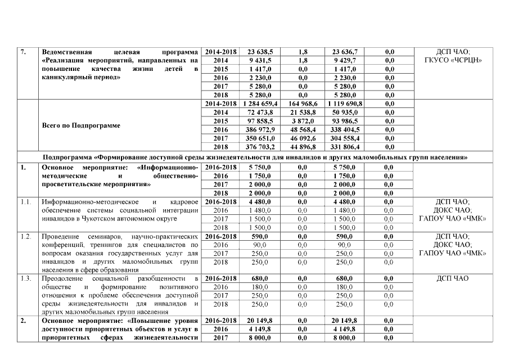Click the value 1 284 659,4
(x=259, y=104)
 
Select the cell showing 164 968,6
(x=303, y=104)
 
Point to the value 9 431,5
(x=259, y=60)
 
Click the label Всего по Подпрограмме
(x=82, y=125)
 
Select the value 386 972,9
(x=259, y=130)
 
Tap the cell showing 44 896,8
(x=303, y=147)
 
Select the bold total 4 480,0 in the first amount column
(x=259, y=201)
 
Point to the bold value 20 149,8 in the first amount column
(x=259, y=320)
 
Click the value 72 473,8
(x=259, y=112)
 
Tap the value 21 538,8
(x=303, y=112)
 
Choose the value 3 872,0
(x=303, y=121)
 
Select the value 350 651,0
(x=259, y=139)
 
